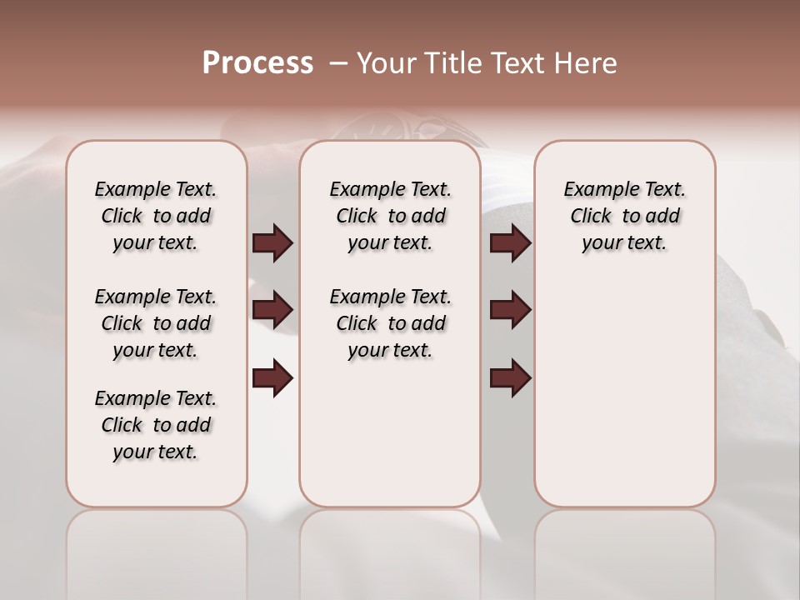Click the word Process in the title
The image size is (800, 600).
(x=257, y=62)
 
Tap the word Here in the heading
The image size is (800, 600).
(x=587, y=62)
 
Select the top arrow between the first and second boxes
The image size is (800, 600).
(x=272, y=243)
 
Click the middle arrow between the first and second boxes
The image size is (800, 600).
(x=272, y=311)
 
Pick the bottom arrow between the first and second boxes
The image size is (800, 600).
(x=272, y=378)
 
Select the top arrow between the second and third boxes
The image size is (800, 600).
(x=510, y=243)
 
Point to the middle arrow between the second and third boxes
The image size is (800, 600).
(x=510, y=311)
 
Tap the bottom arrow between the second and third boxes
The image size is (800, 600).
(x=510, y=378)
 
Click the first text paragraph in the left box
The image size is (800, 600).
(x=156, y=216)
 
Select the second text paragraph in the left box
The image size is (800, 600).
(x=156, y=323)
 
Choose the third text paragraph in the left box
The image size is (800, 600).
(x=156, y=425)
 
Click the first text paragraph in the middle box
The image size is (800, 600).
(x=390, y=216)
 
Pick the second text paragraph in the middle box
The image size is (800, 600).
(x=390, y=323)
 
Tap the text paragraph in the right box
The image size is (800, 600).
(x=624, y=216)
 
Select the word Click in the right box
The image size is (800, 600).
(x=591, y=217)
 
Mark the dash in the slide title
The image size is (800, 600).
(x=338, y=62)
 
